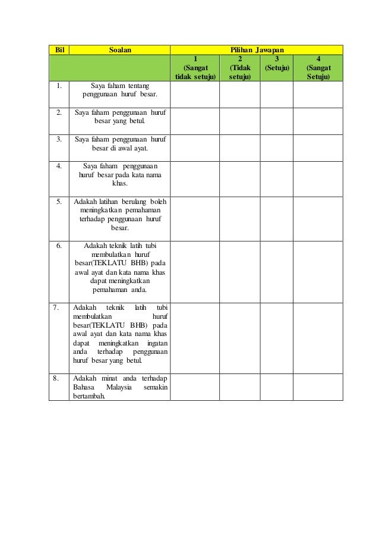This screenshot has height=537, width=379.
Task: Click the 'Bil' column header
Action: coord(59,49)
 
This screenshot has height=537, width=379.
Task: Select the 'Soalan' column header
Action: coord(119,49)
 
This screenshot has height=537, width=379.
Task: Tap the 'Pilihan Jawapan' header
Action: coord(256,49)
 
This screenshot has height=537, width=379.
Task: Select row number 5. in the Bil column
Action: coord(59,202)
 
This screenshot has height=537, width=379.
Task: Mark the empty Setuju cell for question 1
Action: coord(277,95)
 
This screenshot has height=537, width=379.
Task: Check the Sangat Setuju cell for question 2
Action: coord(319,121)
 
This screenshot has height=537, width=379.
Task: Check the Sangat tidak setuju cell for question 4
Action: coord(195,178)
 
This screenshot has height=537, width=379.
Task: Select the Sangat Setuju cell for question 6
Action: coord(319,272)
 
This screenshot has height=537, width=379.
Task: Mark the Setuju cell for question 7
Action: coord(277,338)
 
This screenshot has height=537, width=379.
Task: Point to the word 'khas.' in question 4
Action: coord(119,184)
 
